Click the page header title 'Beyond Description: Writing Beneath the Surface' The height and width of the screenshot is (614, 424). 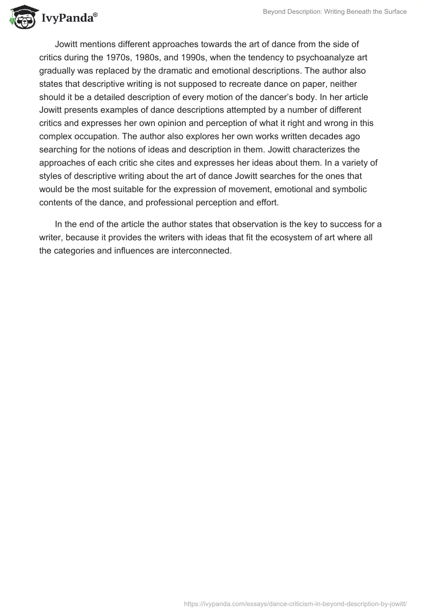335,12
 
